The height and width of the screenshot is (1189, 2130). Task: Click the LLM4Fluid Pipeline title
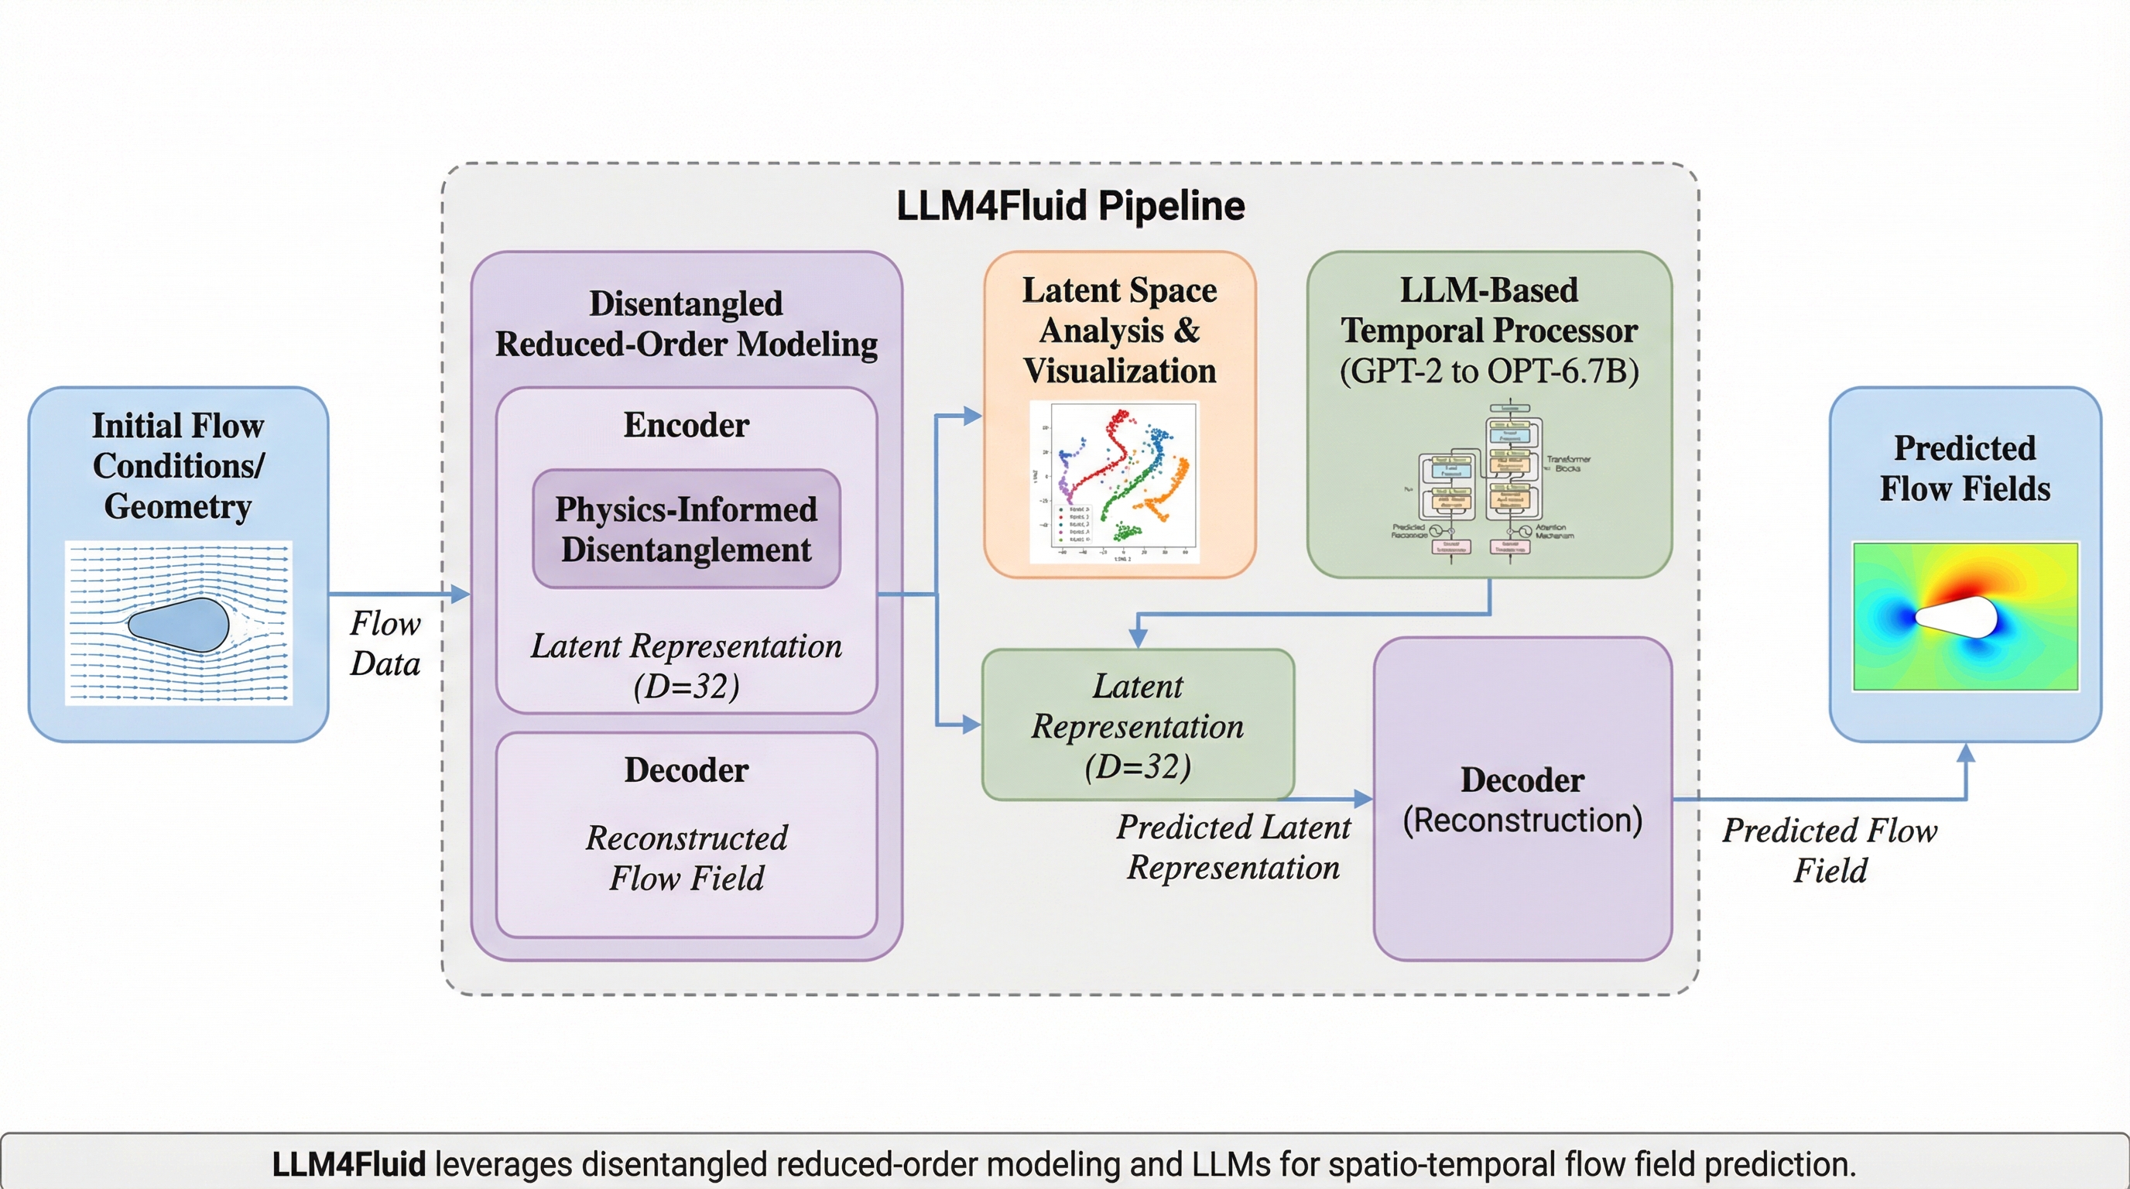click(1070, 206)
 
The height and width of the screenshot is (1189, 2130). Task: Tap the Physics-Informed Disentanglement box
click(687, 529)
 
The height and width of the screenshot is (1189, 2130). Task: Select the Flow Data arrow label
click(385, 643)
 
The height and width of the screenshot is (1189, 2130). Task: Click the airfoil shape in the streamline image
click(179, 624)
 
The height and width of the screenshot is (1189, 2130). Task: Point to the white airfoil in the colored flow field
click(1957, 617)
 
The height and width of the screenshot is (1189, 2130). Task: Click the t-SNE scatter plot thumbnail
click(1114, 482)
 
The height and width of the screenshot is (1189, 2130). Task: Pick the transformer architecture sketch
click(1488, 484)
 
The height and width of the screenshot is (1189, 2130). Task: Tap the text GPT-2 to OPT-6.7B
click(1488, 371)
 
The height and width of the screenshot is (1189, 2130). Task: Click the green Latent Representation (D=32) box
click(1138, 725)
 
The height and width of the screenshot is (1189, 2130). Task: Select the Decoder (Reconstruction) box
click(1522, 799)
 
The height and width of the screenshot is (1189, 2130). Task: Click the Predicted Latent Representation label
click(1233, 847)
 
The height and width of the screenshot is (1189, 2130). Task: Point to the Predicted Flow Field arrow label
click(1830, 850)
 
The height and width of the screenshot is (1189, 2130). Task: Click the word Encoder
click(687, 425)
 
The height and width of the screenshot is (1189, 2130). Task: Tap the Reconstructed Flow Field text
click(687, 858)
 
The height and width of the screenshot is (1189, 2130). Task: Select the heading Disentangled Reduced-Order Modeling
click(687, 324)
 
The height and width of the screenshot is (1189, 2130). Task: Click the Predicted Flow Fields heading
click(1964, 468)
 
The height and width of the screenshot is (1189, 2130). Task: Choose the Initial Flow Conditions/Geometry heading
click(179, 465)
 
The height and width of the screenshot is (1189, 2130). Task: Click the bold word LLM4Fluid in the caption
click(348, 1163)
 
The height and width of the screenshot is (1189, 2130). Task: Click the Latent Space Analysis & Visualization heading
click(1120, 330)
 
